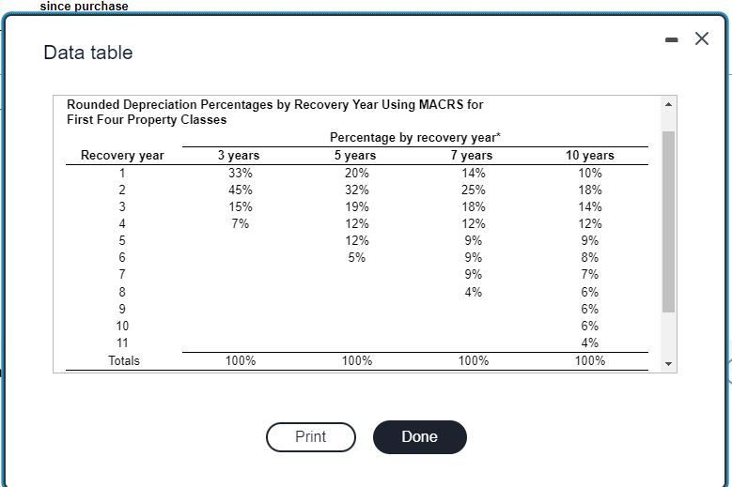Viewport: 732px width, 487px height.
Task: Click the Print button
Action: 310,436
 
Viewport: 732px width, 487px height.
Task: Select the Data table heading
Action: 88,53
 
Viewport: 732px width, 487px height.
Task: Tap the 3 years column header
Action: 239,156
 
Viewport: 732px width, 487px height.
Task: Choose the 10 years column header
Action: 589,156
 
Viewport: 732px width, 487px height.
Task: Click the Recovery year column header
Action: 122,156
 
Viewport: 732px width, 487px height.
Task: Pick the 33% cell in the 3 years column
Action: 241,173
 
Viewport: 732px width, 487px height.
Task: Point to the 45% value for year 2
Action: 241,190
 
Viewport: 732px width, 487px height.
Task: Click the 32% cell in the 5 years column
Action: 357,190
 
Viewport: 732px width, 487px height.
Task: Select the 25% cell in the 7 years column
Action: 474,190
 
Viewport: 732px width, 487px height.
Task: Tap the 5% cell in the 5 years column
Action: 357,258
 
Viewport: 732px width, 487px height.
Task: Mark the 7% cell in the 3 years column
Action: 241,223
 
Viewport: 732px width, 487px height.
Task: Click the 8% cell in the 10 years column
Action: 589,258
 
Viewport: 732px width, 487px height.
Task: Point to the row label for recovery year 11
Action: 122,342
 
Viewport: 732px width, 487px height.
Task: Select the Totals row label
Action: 123,360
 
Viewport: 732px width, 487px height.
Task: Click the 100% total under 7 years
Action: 474,360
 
